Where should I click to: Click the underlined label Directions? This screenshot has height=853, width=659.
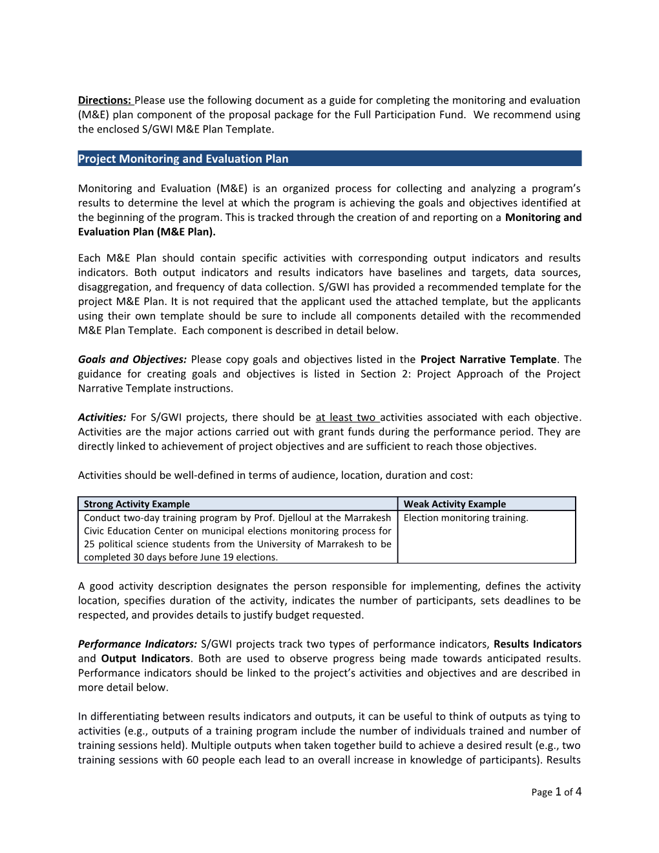105,100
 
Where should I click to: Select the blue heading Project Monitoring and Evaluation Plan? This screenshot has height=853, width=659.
183,159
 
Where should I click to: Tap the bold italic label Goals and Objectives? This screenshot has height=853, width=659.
132,359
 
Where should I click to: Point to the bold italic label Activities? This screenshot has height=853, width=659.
102,417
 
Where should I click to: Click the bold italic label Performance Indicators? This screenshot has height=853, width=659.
137,644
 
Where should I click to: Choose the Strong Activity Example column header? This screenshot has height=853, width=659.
137,504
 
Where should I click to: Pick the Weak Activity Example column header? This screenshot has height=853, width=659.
455,504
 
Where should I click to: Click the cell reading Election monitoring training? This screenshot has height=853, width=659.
466,518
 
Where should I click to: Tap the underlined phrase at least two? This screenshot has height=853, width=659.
346,417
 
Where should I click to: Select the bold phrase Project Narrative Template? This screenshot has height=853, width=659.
488,359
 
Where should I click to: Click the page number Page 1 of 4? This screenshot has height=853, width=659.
556,792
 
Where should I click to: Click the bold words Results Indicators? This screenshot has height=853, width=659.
538,644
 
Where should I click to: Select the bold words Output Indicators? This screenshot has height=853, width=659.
145,658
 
